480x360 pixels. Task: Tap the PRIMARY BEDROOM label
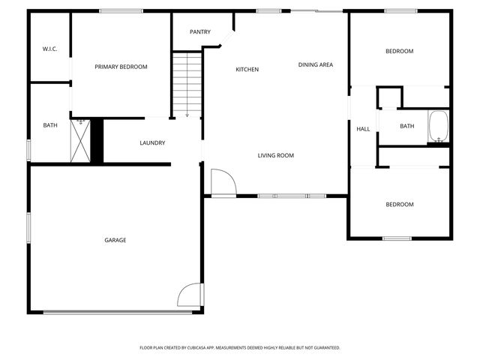click(x=121, y=67)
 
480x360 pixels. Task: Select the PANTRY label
click(x=199, y=31)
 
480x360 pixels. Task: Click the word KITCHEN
click(x=247, y=70)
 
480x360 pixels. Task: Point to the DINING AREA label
click(x=315, y=64)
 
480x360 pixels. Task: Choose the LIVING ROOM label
click(x=275, y=155)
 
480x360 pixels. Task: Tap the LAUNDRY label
click(x=152, y=142)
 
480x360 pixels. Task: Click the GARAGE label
click(x=115, y=240)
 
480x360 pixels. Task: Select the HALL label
click(x=363, y=129)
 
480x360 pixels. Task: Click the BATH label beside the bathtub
click(x=406, y=126)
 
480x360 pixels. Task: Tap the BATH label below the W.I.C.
click(x=49, y=125)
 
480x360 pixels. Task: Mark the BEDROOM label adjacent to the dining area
click(x=399, y=51)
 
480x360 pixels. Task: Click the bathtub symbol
click(x=438, y=127)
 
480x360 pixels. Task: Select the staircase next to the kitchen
click(x=187, y=83)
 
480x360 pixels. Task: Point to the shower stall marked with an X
click(x=80, y=139)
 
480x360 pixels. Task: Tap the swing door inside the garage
click(x=190, y=294)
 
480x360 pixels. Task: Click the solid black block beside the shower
click(x=96, y=139)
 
